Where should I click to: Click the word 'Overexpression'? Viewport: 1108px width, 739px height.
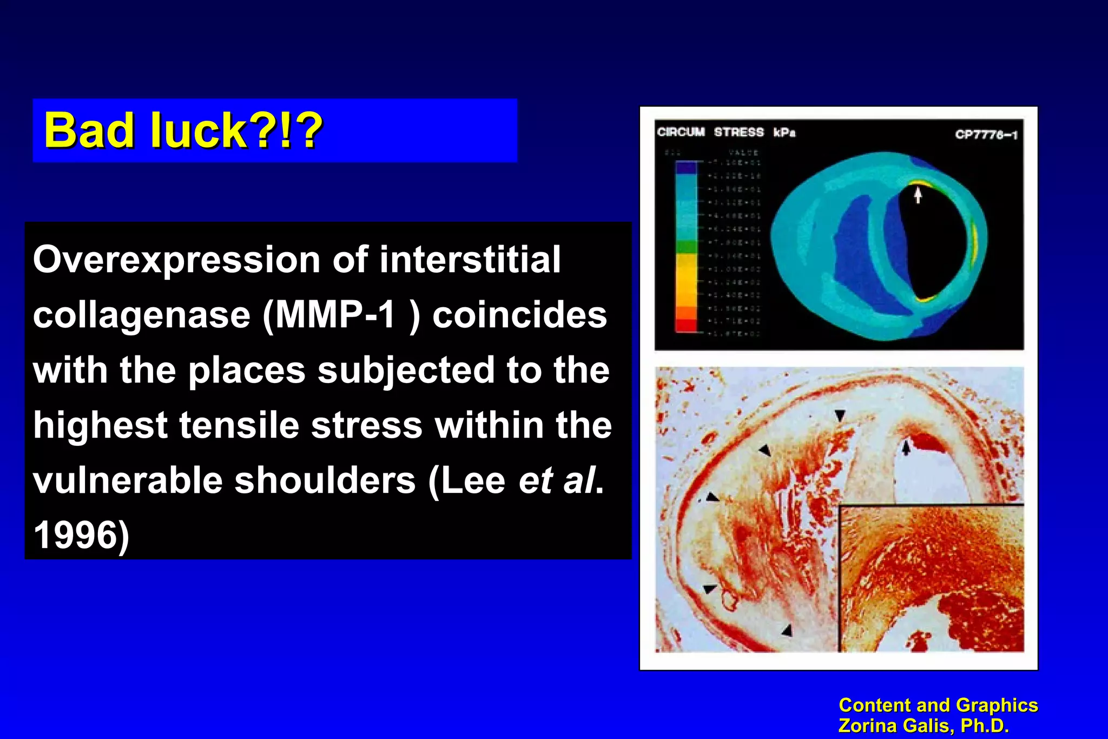point(176,260)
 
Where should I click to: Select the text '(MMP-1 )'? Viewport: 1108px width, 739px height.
point(341,315)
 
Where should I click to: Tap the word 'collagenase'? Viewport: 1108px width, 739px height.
point(142,315)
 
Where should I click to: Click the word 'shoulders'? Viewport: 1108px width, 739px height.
point(325,480)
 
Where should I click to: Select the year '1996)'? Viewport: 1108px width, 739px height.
point(81,536)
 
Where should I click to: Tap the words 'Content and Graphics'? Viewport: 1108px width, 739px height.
point(938,705)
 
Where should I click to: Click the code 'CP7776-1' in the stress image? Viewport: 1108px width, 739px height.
point(986,135)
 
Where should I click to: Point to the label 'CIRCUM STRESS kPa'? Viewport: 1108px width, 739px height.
point(726,133)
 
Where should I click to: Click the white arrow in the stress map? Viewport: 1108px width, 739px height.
point(918,194)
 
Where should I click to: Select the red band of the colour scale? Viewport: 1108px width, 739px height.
point(687,325)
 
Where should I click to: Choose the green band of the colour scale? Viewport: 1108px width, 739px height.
point(687,247)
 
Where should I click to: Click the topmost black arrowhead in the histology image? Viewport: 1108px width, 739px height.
point(840,415)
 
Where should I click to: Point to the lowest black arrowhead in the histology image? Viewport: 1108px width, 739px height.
point(787,630)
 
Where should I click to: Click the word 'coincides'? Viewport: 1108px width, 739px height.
point(519,315)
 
